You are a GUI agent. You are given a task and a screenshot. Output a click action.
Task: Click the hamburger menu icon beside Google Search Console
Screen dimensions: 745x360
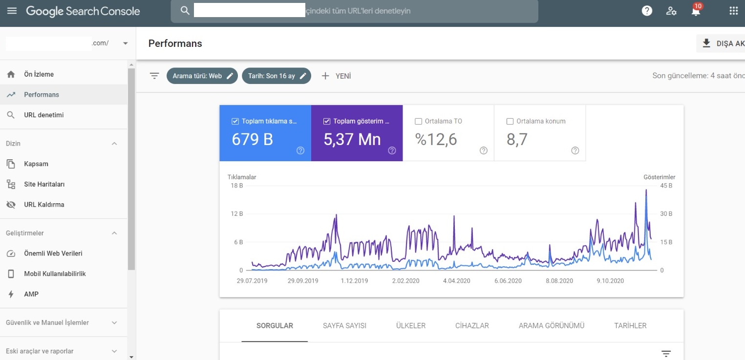tap(12, 11)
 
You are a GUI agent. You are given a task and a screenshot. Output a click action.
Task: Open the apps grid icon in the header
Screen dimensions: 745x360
tap(733, 11)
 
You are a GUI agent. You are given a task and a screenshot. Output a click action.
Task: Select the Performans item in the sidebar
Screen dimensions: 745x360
tap(41, 95)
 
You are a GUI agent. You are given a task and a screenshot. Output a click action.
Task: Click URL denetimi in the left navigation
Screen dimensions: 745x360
tap(43, 115)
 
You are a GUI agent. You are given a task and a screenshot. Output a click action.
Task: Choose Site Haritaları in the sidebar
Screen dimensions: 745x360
tap(44, 184)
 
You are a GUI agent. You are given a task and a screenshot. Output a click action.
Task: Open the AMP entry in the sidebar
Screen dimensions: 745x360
tap(31, 294)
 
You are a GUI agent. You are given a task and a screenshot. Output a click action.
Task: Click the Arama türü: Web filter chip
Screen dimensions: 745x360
tap(202, 76)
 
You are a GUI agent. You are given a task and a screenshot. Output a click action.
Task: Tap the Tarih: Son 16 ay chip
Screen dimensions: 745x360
tap(277, 76)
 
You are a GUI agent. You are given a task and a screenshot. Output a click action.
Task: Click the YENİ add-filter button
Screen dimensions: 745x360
tap(336, 76)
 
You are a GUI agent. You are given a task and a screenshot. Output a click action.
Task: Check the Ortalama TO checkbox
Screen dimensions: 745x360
tap(418, 121)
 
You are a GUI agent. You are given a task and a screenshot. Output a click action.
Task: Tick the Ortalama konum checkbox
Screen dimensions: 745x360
tap(510, 121)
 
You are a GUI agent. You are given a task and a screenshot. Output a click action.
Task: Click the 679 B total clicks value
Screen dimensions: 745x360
tap(252, 139)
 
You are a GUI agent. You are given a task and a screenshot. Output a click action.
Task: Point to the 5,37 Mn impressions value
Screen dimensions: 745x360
tap(352, 139)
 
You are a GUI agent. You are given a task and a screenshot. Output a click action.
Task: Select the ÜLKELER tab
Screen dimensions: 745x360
tap(411, 326)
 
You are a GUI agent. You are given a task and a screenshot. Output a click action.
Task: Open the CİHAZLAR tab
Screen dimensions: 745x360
tap(472, 326)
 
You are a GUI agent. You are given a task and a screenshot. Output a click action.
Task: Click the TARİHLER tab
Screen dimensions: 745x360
tap(630, 326)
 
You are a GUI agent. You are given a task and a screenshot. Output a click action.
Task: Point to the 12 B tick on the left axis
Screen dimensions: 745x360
tap(237, 214)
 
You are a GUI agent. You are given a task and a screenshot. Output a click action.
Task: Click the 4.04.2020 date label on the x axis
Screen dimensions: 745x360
tap(456, 281)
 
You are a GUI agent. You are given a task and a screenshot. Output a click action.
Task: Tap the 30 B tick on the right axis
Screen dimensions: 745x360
tap(666, 214)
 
